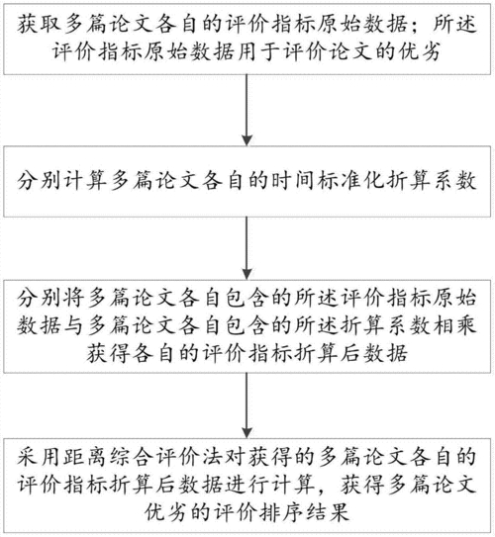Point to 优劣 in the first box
tap(419, 52)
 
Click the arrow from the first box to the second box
tap(247, 110)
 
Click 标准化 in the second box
tap(349, 181)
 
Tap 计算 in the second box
tap(84, 181)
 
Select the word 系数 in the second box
tap(454, 181)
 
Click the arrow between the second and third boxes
tap(247, 248)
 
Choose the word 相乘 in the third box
tap(454, 324)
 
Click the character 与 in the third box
tap(74, 324)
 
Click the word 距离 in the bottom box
tap(84, 457)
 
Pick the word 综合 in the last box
tap(131, 457)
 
